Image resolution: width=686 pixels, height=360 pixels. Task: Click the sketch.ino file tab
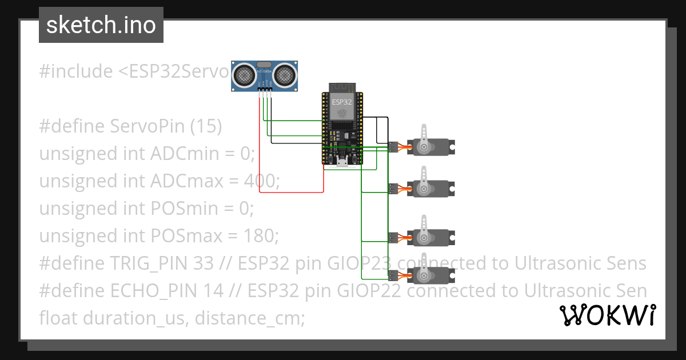coord(101,25)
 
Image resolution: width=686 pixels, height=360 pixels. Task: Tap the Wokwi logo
coord(607,315)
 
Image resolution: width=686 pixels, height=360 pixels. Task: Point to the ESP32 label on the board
coord(342,101)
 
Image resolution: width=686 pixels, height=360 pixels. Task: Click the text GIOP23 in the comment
coord(354,263)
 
